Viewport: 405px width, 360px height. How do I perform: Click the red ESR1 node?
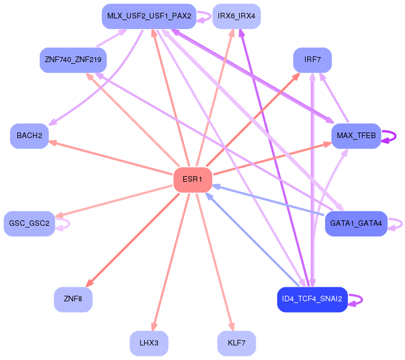tap(193, 179)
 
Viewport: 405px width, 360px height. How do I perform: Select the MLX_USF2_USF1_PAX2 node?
tap(149, 16)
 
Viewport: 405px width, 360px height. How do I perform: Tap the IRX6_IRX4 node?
tap(237, 16)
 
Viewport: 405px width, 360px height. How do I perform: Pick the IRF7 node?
tap(312, 60)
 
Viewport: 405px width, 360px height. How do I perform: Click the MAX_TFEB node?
tap(356, 136)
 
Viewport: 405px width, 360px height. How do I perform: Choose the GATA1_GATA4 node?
tap(356, 224)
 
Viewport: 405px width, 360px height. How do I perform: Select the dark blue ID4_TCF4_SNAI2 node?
tap(312, 300)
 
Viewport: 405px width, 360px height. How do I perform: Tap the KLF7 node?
tap(237, 343)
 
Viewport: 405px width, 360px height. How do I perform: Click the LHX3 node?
tap(149, 343)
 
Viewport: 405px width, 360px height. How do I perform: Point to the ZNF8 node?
tap(73, 300)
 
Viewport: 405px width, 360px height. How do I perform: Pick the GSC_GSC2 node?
tap(30, 224)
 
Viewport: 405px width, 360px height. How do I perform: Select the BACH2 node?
tap(30, 136)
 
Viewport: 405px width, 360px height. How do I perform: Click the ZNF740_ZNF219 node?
tap(73, 60)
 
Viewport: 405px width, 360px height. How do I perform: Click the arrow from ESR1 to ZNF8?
tap(133, 240)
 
